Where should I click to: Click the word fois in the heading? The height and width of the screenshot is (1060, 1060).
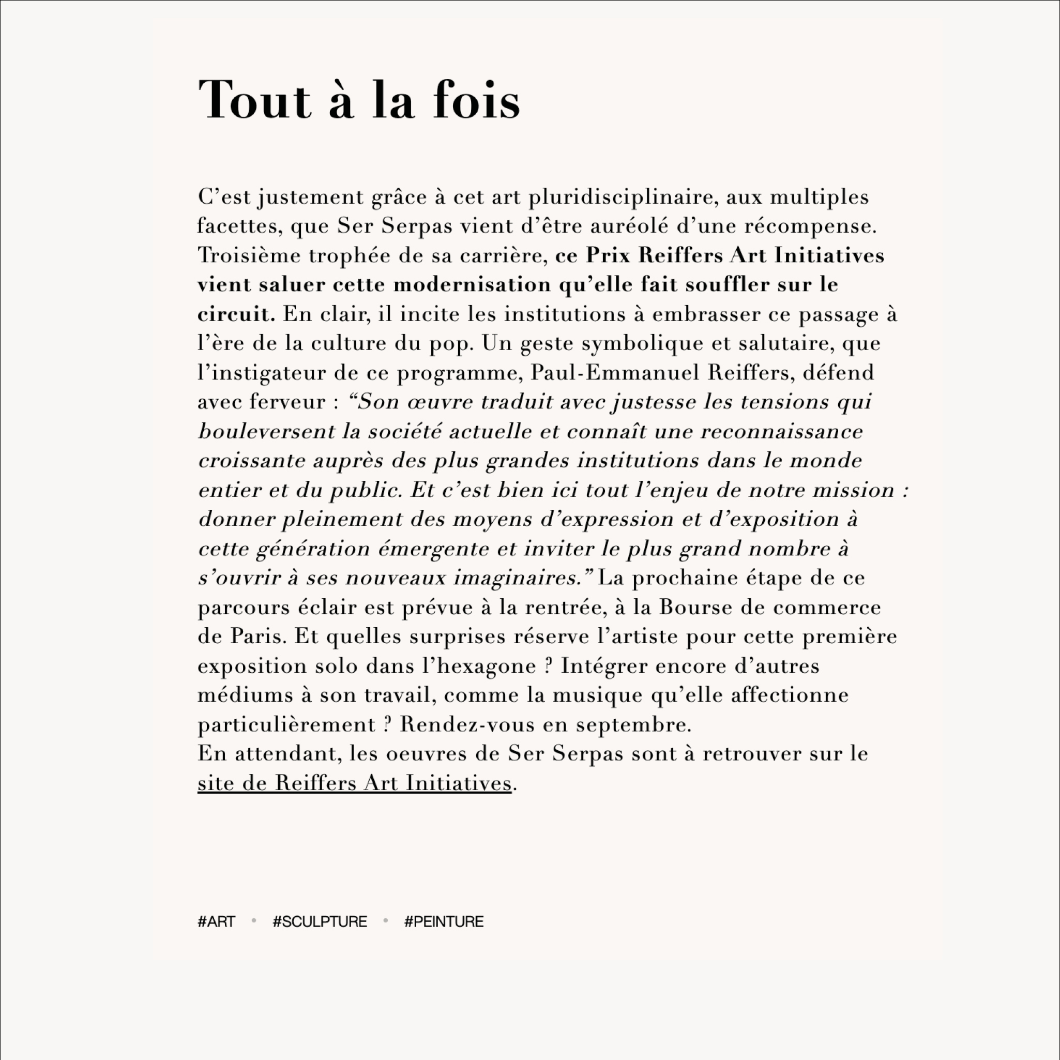[x=476, y=100]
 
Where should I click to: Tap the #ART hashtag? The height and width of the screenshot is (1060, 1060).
[x=216, y=921]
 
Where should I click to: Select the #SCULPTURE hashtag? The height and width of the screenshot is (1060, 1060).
[x=320, y=921]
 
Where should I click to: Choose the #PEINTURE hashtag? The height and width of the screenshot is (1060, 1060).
[x=444, y=921]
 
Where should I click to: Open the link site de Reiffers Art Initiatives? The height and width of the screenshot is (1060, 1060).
[x=354, y=783]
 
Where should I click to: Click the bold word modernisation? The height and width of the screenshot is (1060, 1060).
[x=472, y=285]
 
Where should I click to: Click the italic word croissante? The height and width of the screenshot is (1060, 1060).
[x=251, y=460]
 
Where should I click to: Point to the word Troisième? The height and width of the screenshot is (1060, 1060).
[x=249, y=255]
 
